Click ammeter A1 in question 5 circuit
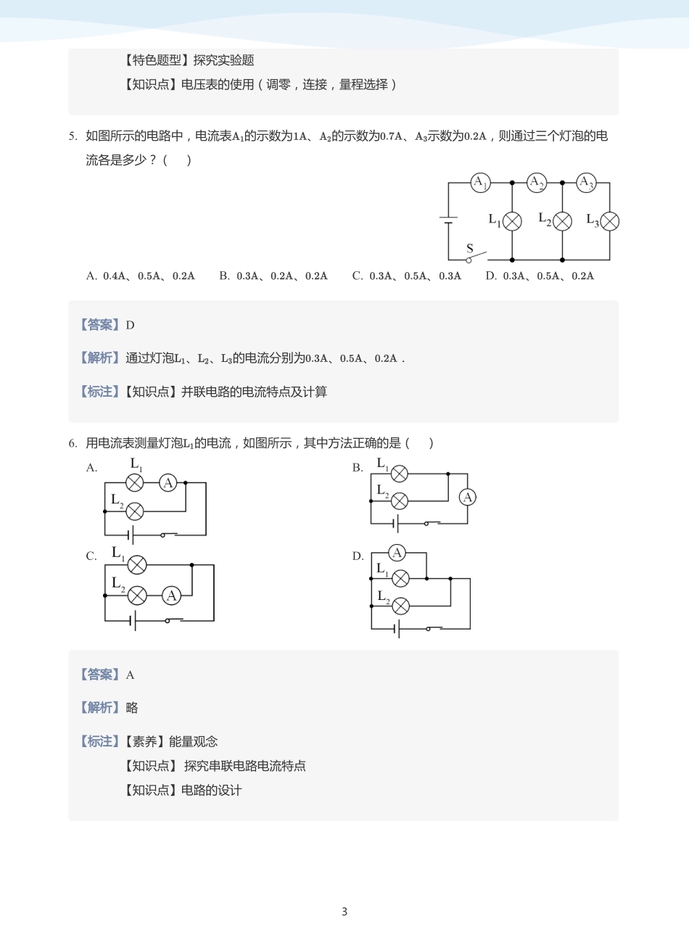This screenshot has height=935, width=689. point(480,183)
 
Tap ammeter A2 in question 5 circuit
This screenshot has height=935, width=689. point(537,183)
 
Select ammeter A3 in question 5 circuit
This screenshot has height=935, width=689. point(586,183)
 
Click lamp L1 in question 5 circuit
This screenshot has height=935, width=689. point(512,221)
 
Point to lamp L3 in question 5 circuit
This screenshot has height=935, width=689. point(609,221)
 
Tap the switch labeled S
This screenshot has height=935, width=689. point(476,256)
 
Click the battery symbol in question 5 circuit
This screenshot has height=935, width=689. point(449,220)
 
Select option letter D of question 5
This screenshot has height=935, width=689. point(491,276)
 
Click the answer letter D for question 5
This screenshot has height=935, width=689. point(131,325)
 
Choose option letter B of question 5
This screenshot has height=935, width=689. point(224,276)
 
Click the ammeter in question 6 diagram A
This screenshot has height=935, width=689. point(168,483)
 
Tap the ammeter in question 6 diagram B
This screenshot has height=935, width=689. point(467,497)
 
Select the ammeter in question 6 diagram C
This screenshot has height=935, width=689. point(171,596)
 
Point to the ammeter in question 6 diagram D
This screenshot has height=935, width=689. point(397,553)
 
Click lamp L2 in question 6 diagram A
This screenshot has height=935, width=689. point(134,511)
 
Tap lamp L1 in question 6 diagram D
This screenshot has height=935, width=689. point(400,579)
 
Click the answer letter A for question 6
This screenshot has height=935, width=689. point(131,675)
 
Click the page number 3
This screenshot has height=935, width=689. point(344,911)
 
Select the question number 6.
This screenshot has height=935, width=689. point(73,443)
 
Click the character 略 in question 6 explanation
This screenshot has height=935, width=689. point(132,708)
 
